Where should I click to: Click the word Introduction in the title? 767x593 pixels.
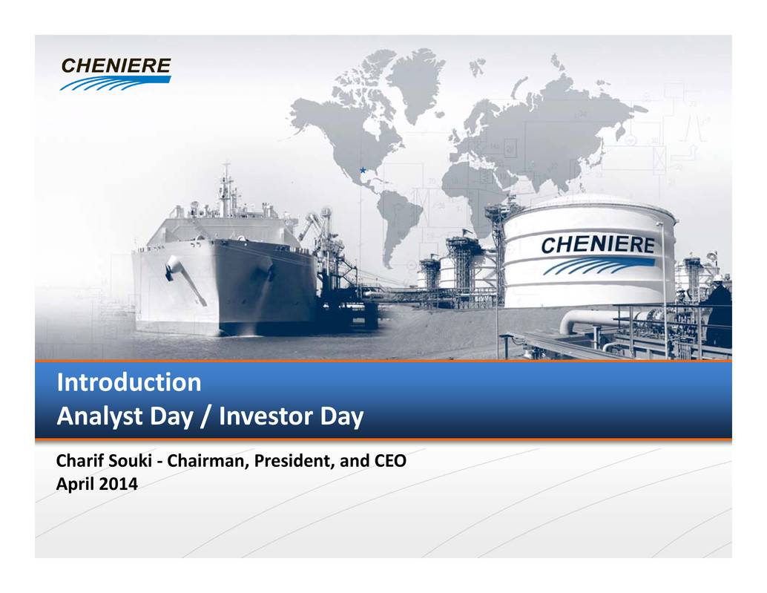tap(129, 382)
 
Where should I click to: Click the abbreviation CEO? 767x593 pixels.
tap(390, 461)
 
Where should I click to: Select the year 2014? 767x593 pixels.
tap(119, 484)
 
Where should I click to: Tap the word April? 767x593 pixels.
tap(76, 485)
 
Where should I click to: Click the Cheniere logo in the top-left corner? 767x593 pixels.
tap(116, 74)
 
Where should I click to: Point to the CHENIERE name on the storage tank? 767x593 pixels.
tap(598, 245)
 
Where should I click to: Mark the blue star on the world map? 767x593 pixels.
tap(363, 170)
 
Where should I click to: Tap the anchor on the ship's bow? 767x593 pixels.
tap(185, 279)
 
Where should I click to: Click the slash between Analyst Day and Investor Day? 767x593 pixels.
tap(206, 417)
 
